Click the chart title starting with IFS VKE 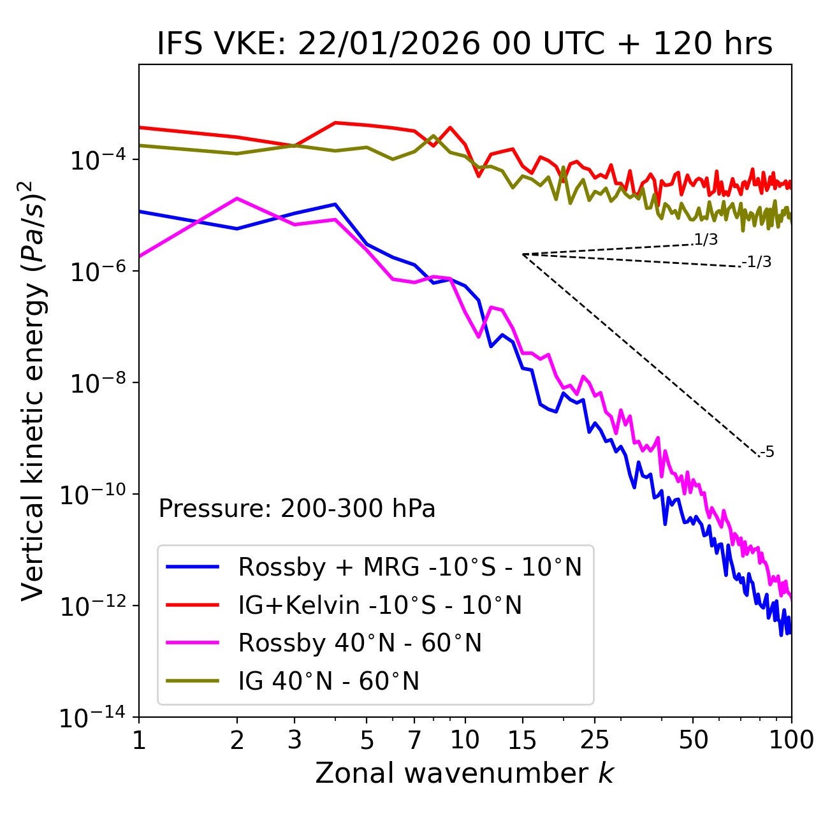coord(465,45)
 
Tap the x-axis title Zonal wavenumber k coord(465,773)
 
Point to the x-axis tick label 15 coord(522,740)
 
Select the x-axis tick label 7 coord(414,740)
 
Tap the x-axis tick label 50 coord(693,740)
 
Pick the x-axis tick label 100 coord(791,740)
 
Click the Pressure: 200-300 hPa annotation coord(297,509)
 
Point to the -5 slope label coord(767,453)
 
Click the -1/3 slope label coord(757,262)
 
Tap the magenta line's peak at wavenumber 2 coord(237,198)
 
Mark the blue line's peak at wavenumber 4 coord(335,204)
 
